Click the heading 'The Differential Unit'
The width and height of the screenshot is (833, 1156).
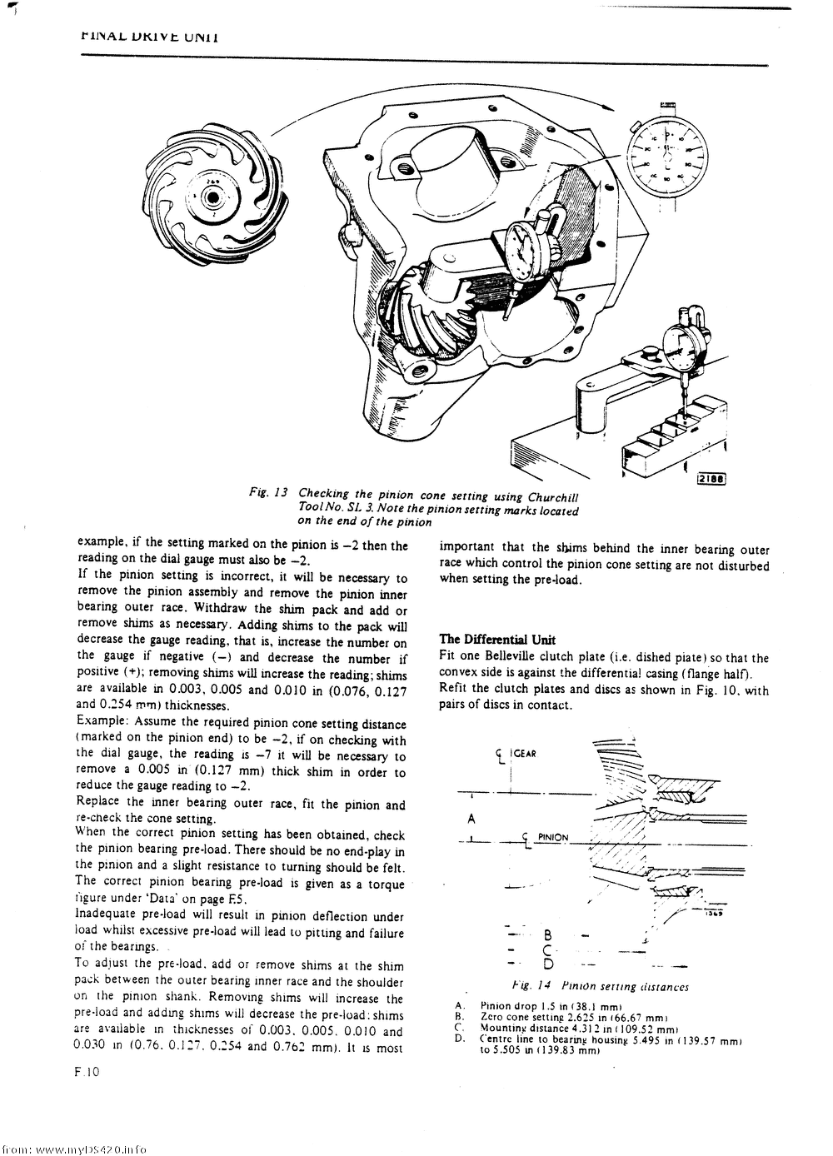coord(497,640)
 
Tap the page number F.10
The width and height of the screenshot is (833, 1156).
coord(87,1072)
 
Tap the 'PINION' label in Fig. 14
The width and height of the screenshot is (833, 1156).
coord(552,837)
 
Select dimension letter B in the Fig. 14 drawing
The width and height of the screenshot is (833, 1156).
coord(548,934)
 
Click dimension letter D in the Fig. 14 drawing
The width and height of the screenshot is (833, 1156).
coord(548,964)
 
